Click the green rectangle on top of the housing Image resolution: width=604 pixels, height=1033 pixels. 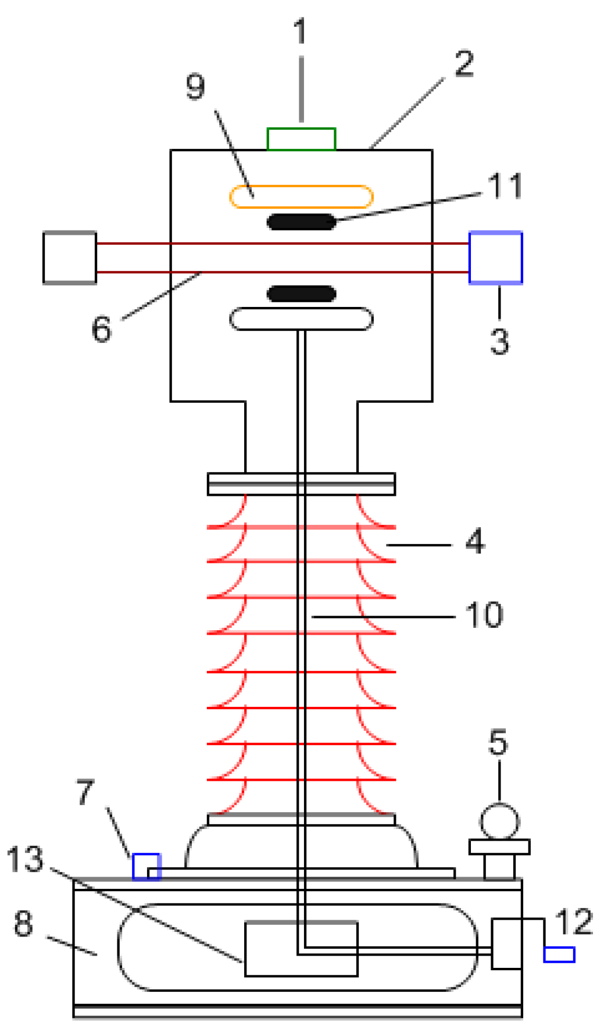301,139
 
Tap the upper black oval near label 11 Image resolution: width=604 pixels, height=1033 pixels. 301,222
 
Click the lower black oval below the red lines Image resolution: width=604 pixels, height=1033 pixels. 301,294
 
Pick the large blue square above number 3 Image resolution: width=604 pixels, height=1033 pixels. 495,258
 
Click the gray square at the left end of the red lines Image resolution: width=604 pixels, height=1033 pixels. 70,258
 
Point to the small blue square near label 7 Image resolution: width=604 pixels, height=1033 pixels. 146,866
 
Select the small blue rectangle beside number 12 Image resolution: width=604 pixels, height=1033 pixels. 559,954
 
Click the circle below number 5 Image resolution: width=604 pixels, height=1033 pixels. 499,821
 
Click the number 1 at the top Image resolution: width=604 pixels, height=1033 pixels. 300,32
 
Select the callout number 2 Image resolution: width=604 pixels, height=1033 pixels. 464,63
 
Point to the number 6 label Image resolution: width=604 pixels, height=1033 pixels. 102,329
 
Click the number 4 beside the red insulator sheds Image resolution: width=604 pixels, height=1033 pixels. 475,541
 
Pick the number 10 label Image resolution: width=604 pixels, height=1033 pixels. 484,614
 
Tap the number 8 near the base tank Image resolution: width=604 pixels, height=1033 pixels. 23,923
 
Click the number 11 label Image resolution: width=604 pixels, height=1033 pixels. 504,186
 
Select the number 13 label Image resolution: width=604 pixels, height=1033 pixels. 25,859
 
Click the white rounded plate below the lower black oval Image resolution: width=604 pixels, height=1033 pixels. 301,319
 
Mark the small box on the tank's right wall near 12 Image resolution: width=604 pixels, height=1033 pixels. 506,943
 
